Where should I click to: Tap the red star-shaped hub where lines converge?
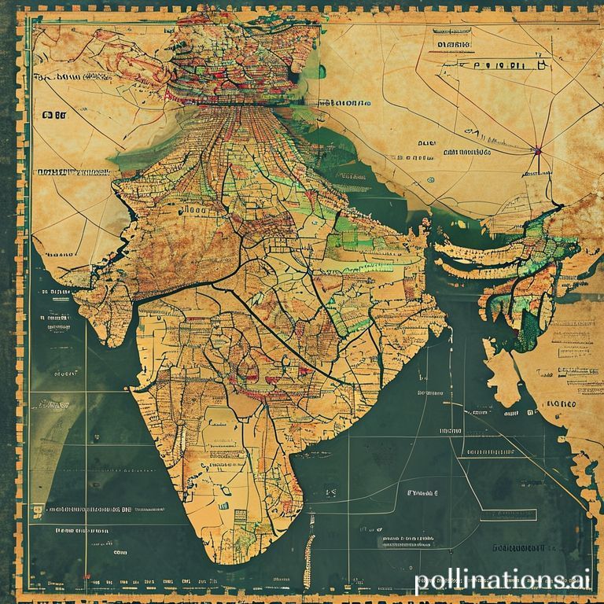click(x=537, y=149)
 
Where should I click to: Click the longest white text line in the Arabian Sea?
click(x=82, y=509)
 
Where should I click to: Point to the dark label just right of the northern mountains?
click(x=343, y=103)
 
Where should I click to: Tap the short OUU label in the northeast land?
click(x=427, y=144)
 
